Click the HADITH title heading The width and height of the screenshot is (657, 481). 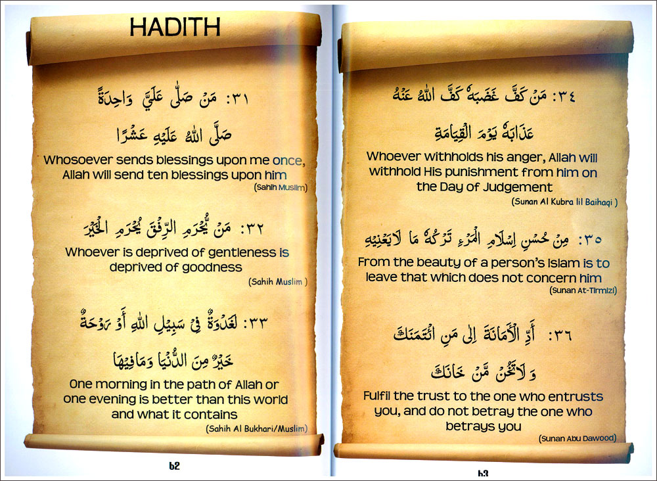point(174,27)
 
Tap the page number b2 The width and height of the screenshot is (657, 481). point(174,467)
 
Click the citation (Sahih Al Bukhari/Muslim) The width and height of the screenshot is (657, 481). point(256,429)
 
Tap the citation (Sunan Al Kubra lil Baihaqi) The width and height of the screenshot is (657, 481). point(564,202)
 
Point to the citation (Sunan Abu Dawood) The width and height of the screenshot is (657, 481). point(578,438)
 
